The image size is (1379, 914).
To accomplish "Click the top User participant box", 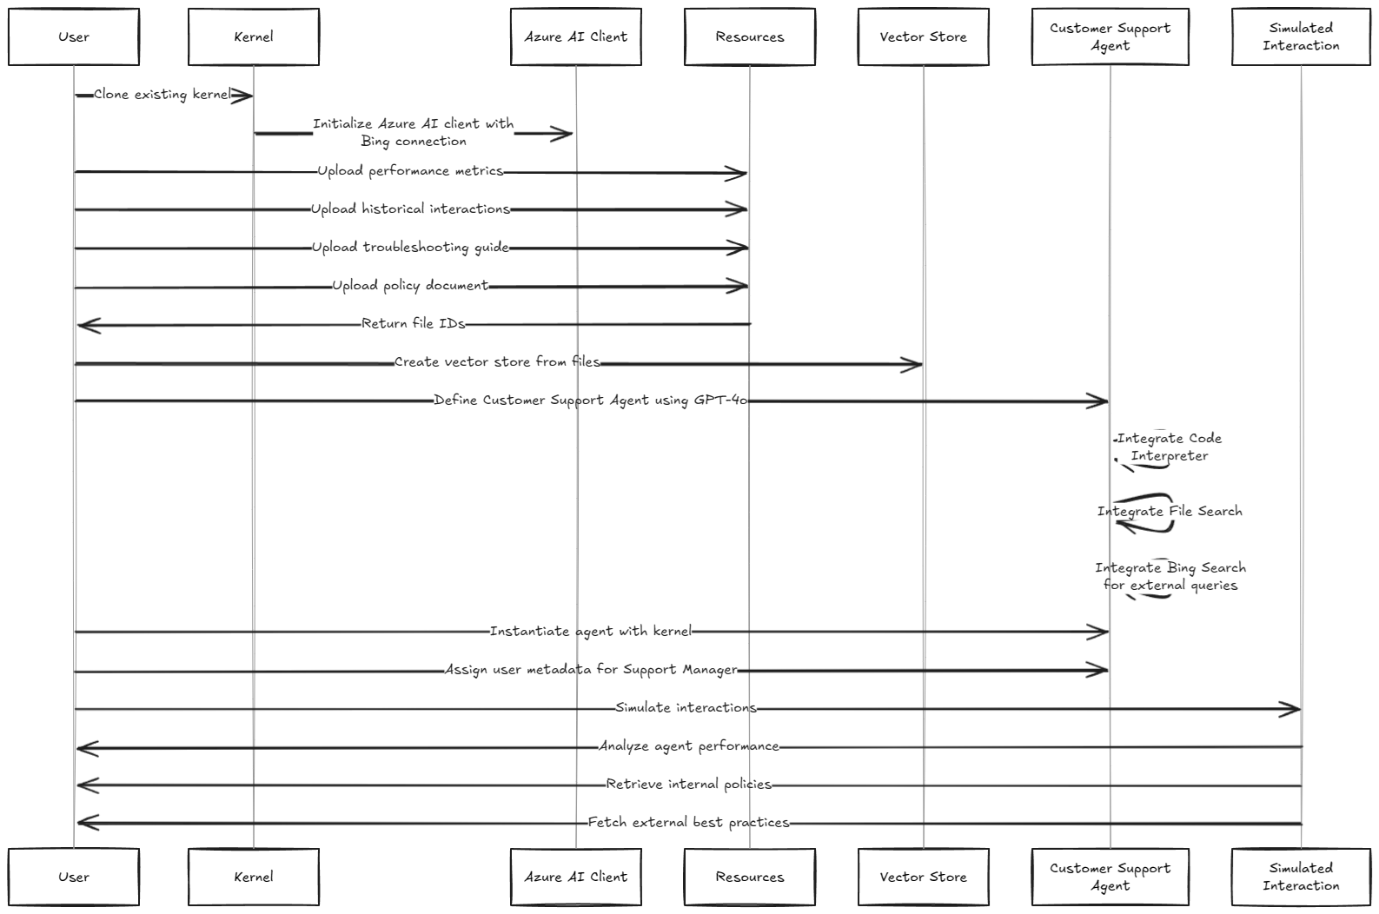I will point(74,37).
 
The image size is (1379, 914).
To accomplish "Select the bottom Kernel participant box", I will point(254,877).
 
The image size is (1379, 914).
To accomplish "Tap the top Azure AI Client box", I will point(575,37).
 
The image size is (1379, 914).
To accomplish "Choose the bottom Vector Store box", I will point(923,877).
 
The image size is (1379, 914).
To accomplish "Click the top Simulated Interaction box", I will point(1301,37).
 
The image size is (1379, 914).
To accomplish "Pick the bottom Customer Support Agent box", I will point(1110,877).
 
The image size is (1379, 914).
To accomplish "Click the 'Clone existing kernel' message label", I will point(162,95).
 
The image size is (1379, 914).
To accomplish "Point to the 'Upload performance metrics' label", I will point(410,171).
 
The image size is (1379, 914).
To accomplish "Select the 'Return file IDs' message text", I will point(414,324).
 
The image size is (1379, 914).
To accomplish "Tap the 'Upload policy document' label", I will point(410,286).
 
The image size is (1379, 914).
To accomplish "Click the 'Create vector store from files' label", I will point(497,362).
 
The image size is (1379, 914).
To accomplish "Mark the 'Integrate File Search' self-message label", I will point(1170,512).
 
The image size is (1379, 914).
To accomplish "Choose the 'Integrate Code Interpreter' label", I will point(1170,447).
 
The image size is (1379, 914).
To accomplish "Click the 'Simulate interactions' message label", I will point(686,708).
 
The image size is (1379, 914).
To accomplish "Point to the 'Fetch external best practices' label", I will point(688,823).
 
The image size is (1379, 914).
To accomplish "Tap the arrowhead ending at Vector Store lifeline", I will point(912,365).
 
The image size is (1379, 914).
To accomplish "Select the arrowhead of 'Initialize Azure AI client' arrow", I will point(562,134).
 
